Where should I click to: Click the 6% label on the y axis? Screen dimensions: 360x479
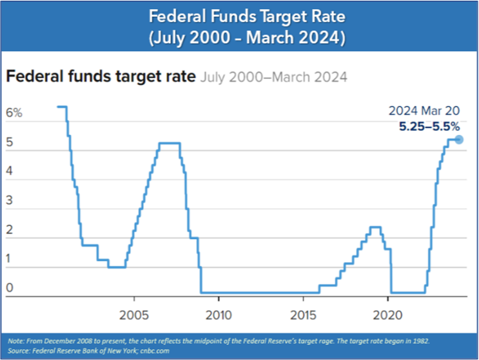click(14, 113)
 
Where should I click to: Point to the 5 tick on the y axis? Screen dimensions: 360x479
click(10, 143)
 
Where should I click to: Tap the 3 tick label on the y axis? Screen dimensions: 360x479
click(10, 201)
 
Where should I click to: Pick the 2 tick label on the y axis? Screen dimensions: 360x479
click(10, 230)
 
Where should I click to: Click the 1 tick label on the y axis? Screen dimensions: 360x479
click(10, 259)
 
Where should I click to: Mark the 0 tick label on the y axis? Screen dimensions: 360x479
click(10, 288)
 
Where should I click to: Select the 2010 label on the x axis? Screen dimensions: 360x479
click(219, 317)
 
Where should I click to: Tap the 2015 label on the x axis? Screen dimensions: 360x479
click(303, 317)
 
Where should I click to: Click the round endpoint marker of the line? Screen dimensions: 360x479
click(459, 139)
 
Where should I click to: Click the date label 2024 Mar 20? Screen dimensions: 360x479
click(424, 110)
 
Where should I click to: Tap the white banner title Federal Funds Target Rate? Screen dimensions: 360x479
click(239, 15)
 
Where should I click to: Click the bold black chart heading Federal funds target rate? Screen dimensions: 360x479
click(100, 77)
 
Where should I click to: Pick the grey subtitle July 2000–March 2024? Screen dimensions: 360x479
click(274, 77)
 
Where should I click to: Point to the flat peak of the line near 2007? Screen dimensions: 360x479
click(169, 143)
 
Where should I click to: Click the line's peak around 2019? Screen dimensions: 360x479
click(375, 227)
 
